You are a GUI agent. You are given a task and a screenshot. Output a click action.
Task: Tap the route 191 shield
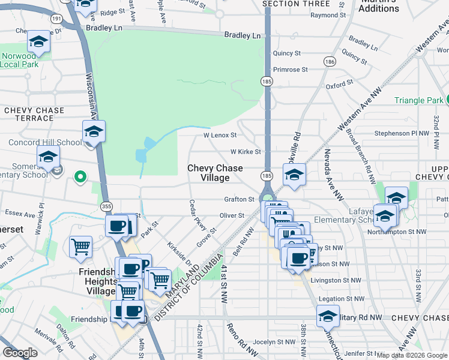pos(56,19)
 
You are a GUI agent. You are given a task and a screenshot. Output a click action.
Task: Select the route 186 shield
pos(328,61)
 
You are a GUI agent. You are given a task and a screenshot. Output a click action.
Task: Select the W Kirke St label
pos(245,152)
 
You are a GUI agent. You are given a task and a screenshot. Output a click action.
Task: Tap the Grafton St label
pos(240,199)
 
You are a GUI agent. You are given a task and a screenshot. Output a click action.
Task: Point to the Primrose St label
pos(290,70)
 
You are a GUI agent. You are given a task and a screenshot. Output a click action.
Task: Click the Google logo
pos(20,353)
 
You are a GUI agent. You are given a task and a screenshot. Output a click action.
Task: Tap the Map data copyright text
pos(412,355)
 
